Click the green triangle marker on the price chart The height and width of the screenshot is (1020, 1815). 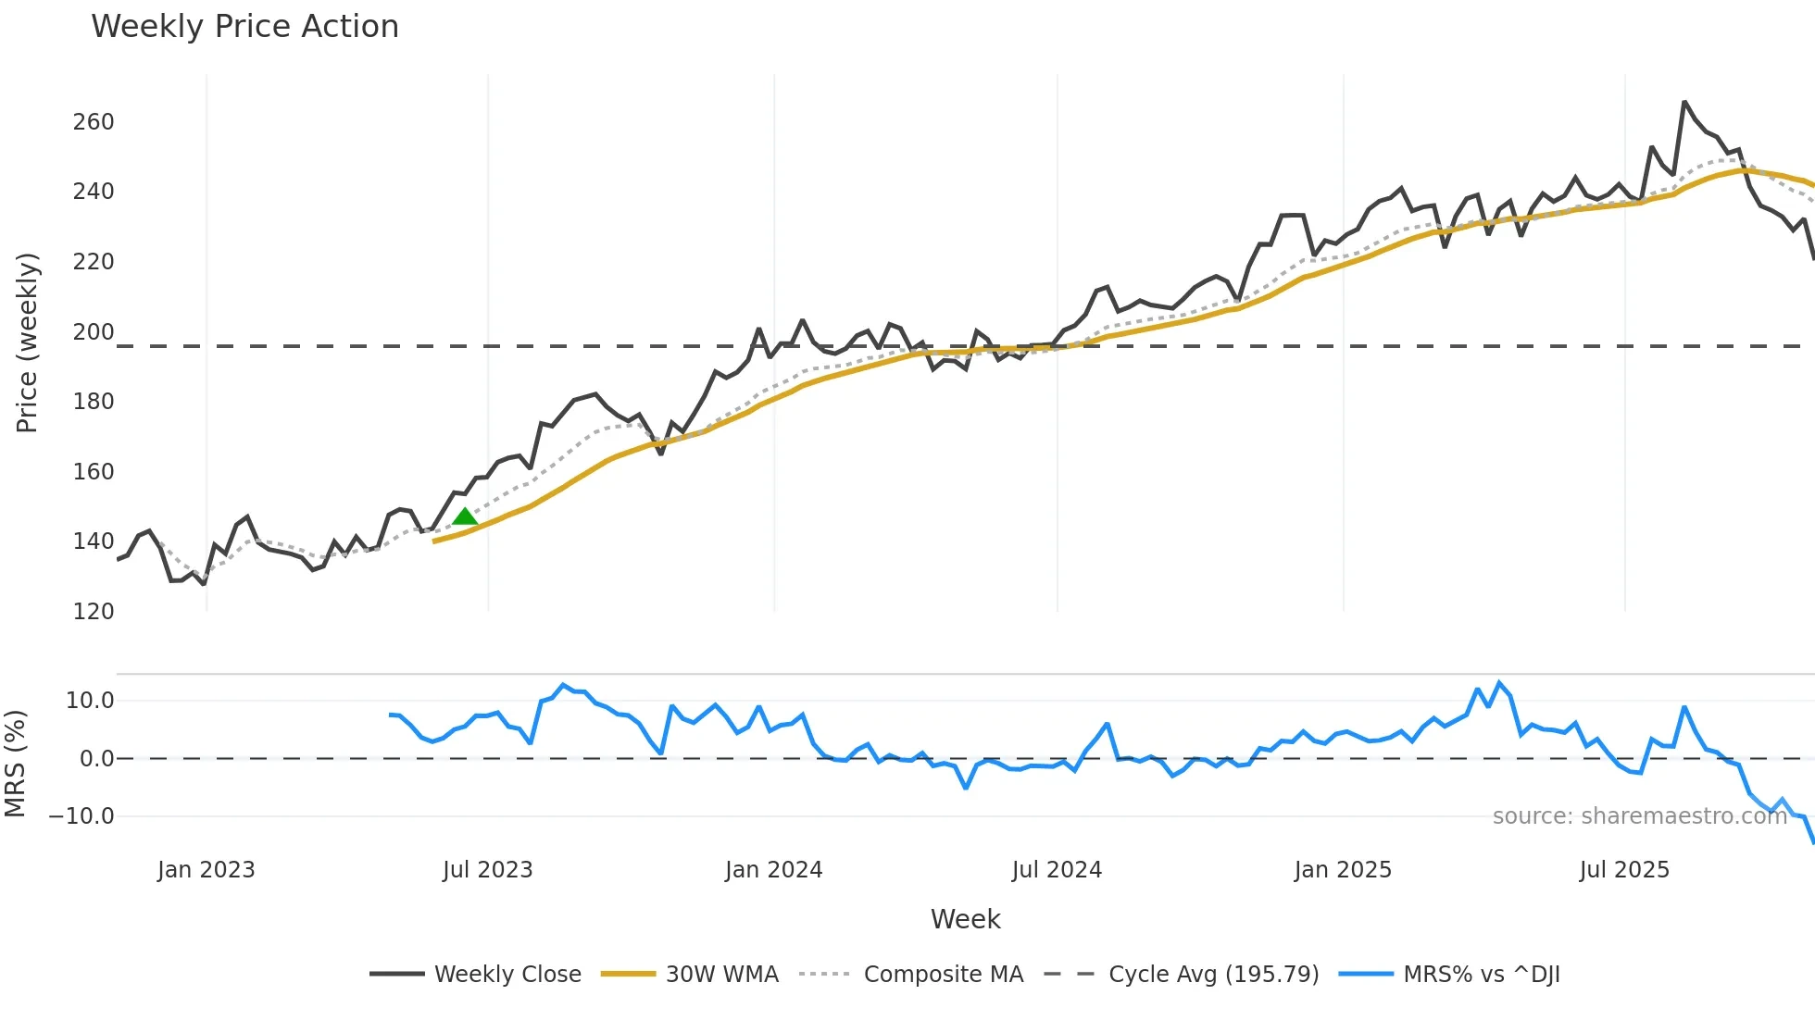[465, 516]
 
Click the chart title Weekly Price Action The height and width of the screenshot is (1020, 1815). [244, 27]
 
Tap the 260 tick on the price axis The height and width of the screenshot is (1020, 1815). [94, 122]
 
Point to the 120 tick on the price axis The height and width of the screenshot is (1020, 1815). [94, 612]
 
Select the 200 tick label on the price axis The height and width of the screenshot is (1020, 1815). [94, 332]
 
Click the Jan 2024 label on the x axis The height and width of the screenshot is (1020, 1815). [773, 870]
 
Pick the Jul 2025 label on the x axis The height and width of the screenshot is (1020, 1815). [1624, 870]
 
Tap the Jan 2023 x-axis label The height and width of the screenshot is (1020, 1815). [206, 870]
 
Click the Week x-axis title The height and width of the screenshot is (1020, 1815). [965, 919]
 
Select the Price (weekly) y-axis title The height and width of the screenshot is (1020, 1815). [28, 342]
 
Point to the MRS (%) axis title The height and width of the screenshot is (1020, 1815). [15, 764]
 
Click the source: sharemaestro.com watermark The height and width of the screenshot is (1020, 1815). [1639, 816]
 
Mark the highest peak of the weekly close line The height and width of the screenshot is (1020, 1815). [1684, 102]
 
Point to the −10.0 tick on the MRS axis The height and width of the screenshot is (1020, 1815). [81, 816]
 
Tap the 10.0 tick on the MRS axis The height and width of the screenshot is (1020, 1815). [90, 701]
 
